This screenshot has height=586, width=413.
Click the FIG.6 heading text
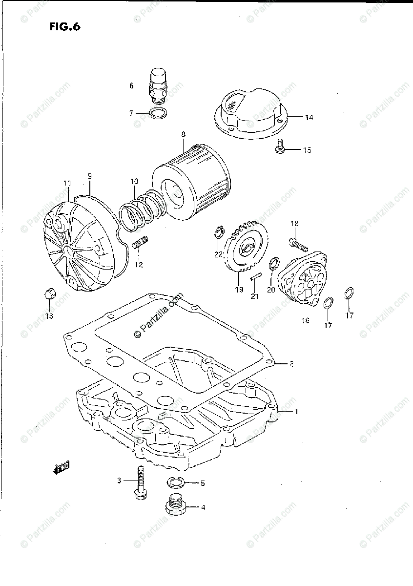pyautogui.click(x=64, y=27)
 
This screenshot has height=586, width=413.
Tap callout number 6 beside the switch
pyautogui.click(x=131, y=85)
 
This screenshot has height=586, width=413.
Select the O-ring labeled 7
pyautogui.click(x=157, y=114)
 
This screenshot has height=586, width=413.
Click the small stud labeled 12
pyautogui.click(x=140, y=241)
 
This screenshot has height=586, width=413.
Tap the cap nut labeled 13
pyautogui.click(x=49, y=294)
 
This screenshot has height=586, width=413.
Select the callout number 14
pyautogui.click(x=309, y=117)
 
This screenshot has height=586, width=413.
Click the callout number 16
pyautogui.click(x=305, y=320)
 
